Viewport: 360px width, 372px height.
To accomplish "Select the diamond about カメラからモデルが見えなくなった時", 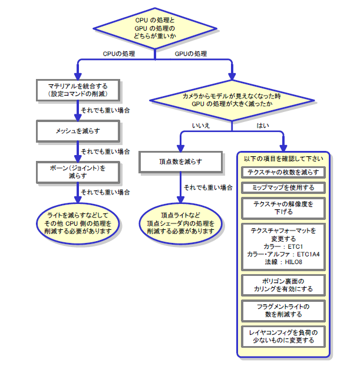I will pos(232,99).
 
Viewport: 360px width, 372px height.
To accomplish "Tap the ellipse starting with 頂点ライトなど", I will pos(181,220).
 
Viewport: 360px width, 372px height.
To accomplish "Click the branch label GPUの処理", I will pos(191,54).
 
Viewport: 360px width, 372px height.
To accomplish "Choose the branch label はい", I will pos(262,125).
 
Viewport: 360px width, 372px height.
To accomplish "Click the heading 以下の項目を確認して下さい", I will pos(283,158).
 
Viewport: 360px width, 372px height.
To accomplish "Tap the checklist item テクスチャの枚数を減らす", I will pos(283,172).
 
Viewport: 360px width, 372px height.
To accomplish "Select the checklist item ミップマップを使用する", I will pos(283,187).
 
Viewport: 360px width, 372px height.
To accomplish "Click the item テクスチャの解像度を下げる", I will pos(283,208).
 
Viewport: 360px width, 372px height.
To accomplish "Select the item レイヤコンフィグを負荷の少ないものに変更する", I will pos(283,337).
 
